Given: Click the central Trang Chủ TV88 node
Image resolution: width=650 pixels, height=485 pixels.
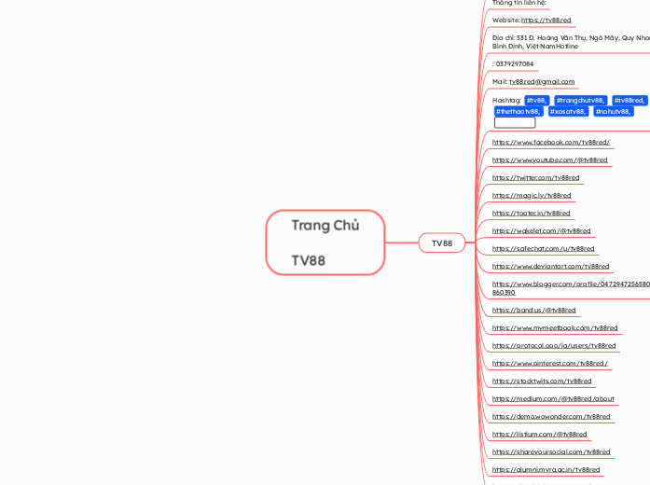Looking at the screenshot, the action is click(325, 242).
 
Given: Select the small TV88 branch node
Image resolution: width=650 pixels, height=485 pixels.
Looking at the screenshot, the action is click(441, 243).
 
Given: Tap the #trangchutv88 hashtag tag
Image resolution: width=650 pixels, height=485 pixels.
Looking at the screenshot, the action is click(579, 100).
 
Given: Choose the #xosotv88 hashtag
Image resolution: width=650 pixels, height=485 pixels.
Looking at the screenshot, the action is click(568, 111).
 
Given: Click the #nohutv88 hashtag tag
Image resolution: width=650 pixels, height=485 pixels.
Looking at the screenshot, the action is click(614, 111).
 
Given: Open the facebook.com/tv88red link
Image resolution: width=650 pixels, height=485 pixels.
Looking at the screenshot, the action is click(551, 142).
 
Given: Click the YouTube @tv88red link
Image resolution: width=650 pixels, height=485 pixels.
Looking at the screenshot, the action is click(550, 159).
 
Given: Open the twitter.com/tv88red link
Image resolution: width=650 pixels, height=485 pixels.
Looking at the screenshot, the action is click(535, 177).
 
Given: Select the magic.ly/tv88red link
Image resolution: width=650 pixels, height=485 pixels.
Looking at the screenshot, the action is click(532, 195).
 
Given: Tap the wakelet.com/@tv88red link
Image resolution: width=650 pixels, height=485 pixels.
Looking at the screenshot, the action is click(541, 230).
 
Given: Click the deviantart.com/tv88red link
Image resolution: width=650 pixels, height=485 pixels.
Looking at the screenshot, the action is click(550, 266).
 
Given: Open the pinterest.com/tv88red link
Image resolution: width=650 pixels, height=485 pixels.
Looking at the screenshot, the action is click(550, 363).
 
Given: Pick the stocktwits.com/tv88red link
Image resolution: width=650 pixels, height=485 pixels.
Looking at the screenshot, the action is click(542, 381).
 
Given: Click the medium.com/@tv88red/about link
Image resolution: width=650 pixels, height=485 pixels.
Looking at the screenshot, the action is click(553, 398).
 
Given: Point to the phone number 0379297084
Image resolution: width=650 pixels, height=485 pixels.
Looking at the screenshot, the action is click(515, 63).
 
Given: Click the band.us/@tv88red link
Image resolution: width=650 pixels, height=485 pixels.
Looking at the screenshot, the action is click(533, 310).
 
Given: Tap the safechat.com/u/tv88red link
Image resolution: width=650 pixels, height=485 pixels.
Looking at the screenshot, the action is click(543, 248).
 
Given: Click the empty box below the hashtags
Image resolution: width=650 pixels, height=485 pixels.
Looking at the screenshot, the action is click(515, 122).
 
